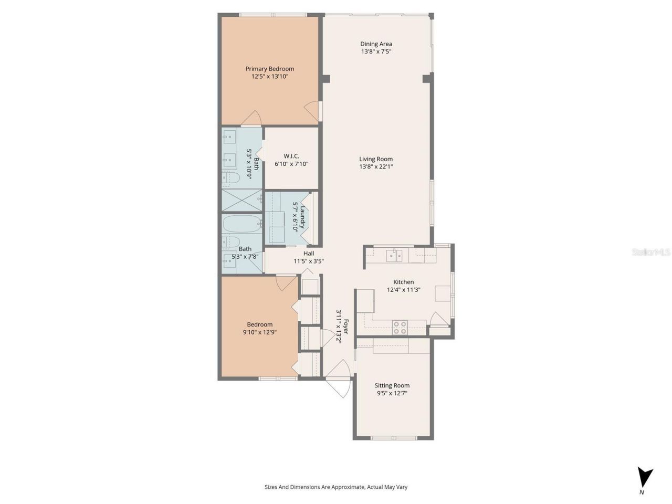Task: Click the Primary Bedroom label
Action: point(270,69)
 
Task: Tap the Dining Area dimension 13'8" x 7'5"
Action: point(376,52)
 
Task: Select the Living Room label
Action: point(376,159)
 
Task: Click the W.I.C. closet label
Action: point(291,156)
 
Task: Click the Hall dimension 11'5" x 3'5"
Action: point(308,261)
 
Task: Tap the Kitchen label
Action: point(404,282)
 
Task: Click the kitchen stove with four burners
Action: point(400,328)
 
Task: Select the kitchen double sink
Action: point(394,256)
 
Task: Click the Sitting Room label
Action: point(392,385)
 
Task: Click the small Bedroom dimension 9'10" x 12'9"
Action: point(260,332)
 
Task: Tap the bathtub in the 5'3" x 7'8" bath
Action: point(241,224)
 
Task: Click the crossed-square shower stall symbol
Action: point(241,199)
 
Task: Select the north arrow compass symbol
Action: point(645,478)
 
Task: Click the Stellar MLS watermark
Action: point(651,253)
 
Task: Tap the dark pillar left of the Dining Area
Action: point(326,79)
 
